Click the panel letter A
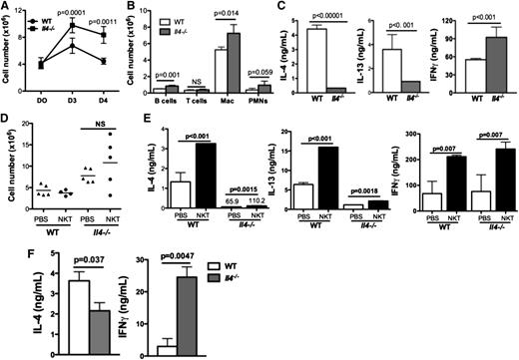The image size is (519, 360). pyautogui.click(x=7, y=8)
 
